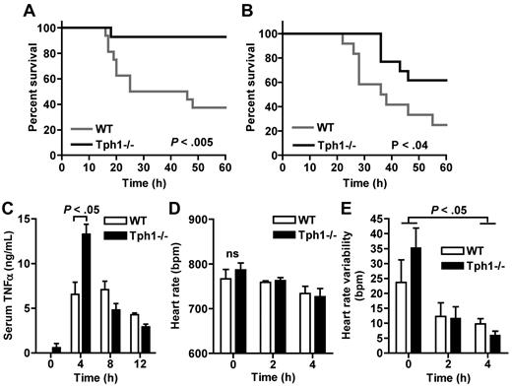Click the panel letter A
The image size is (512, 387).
click(13, 9)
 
